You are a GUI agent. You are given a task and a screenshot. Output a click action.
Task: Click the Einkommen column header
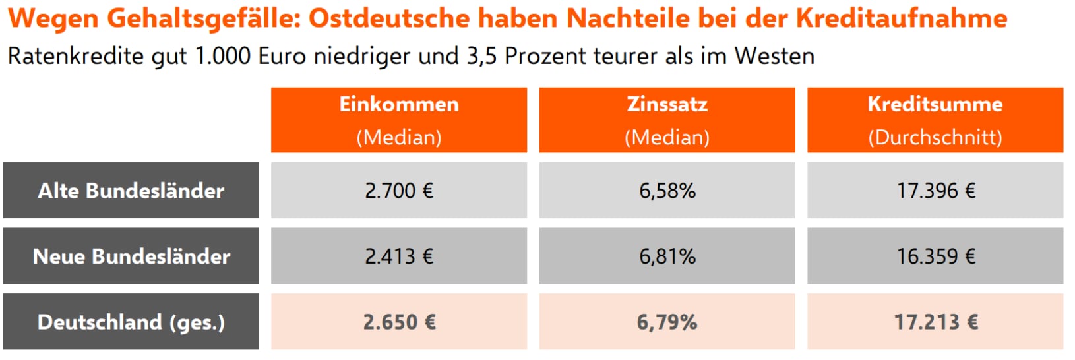click(x=399, y=120)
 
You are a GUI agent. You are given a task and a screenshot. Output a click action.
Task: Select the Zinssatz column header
click(x=667, y=120)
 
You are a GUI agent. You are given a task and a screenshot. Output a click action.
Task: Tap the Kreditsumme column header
click(x=935, y=120)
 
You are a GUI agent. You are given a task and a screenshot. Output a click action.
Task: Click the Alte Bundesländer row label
click(x=131, y=191)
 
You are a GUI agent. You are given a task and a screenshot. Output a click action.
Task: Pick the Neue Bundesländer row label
click(x=131, y=256)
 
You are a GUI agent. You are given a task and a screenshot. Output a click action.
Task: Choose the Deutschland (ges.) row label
click(x=131, y=322)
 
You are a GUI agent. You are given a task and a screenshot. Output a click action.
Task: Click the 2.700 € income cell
click(x=399, y=191)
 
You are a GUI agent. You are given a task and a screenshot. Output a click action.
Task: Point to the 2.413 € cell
click(x=399, y=256)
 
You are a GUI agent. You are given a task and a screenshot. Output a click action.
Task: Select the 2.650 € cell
click(x=399, y=322)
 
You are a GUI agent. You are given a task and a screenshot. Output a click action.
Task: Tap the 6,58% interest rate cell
click(x=667, y=191)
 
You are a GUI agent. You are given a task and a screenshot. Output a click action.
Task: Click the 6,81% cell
click(x=667, y=256)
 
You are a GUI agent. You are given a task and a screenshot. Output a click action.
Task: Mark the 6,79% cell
click(x=667, y=322)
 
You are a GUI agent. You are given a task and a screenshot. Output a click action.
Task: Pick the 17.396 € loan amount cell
click(x=935, y=191)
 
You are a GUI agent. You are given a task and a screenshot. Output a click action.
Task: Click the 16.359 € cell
click(x=935, y=256)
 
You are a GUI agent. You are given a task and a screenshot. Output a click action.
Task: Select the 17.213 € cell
click(x=935, y=322)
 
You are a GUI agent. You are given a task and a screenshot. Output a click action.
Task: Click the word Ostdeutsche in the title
click(x=390, y=18)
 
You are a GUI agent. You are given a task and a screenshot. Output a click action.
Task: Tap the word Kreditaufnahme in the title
click(x=901, y=18)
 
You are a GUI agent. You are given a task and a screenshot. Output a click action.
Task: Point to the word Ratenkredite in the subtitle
click(x=75, y=56)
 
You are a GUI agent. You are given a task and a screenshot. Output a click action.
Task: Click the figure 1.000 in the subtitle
click(x=223, y=56)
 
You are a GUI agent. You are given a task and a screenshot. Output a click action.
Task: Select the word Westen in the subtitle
click(x=774, y=56)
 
